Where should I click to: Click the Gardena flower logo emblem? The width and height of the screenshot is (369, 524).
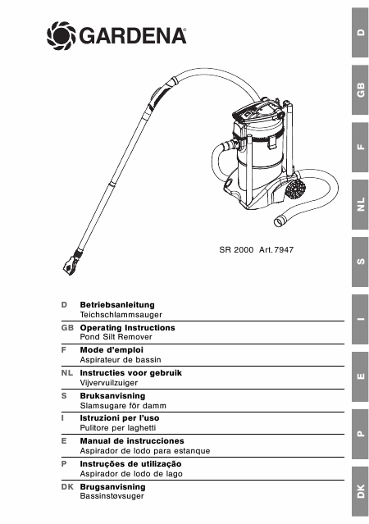click(61, 36)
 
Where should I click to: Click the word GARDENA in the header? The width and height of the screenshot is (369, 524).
click(132, 36)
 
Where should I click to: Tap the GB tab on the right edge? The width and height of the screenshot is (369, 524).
click(360, 90)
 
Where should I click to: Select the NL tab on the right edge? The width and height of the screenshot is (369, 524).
click(360, 204)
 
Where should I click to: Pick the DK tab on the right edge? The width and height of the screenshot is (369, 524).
click(360, 491)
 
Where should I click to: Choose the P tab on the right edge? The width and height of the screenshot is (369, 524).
click(360, 434)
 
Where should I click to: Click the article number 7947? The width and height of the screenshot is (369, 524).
click(284, 250)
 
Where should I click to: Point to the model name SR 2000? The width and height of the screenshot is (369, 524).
click(236, 250)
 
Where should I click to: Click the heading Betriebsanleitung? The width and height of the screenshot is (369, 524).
click(117, 305)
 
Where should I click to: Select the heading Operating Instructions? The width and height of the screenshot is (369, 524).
click(127, 328)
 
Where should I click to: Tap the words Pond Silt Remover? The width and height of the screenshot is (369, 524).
click(116, 337)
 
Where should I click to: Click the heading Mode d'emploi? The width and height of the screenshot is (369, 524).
click(112, 350)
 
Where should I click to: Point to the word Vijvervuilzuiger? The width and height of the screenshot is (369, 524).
click(109, 383)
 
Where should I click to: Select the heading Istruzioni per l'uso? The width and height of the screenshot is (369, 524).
click(120, 418)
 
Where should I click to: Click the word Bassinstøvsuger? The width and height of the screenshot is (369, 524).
click(112, 496)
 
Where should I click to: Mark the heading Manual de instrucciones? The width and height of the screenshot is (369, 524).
click(132, 441)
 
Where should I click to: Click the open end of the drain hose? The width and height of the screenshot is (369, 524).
click(279, 222)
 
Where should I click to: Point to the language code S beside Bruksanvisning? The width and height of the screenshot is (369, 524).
click(64, 396)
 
